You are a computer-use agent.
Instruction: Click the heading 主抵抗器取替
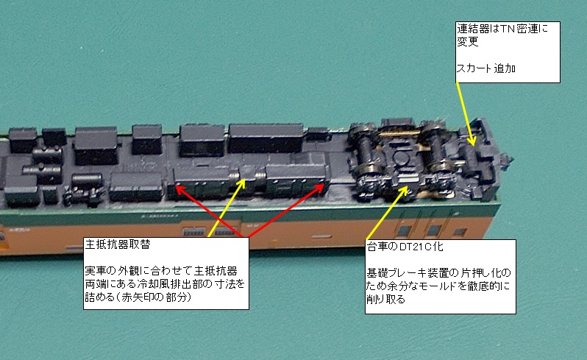118,244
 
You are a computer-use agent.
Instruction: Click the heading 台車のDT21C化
405,246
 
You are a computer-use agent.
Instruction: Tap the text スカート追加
486,68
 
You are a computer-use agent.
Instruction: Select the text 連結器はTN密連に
502,29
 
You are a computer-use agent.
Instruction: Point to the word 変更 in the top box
468,41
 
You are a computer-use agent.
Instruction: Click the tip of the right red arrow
324,184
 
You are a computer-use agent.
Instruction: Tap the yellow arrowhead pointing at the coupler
472,144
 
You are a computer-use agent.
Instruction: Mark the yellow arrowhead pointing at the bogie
408,186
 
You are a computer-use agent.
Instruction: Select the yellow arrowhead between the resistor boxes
244,180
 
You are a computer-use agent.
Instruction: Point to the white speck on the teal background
82,48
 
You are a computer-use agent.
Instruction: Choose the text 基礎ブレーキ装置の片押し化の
438,272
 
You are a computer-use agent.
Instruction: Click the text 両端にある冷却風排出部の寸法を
165,283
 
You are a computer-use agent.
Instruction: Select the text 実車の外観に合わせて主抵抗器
161,270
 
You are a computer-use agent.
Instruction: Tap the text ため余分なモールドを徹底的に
438,286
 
